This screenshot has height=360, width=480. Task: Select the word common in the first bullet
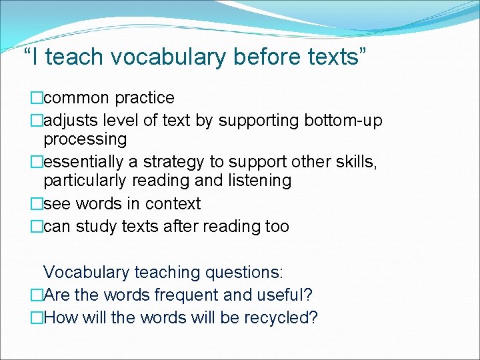pyautogui.click(x=77, y=98)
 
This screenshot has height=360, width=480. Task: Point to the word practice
pyautogui.click(x=145, y=98)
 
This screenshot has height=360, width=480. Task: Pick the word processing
pyautogui.click(x=85, y=139)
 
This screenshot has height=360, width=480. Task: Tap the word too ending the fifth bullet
pyautogui.click(x=277, y=226)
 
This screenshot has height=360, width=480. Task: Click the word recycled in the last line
pyautogui.click(x=281, y=317)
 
